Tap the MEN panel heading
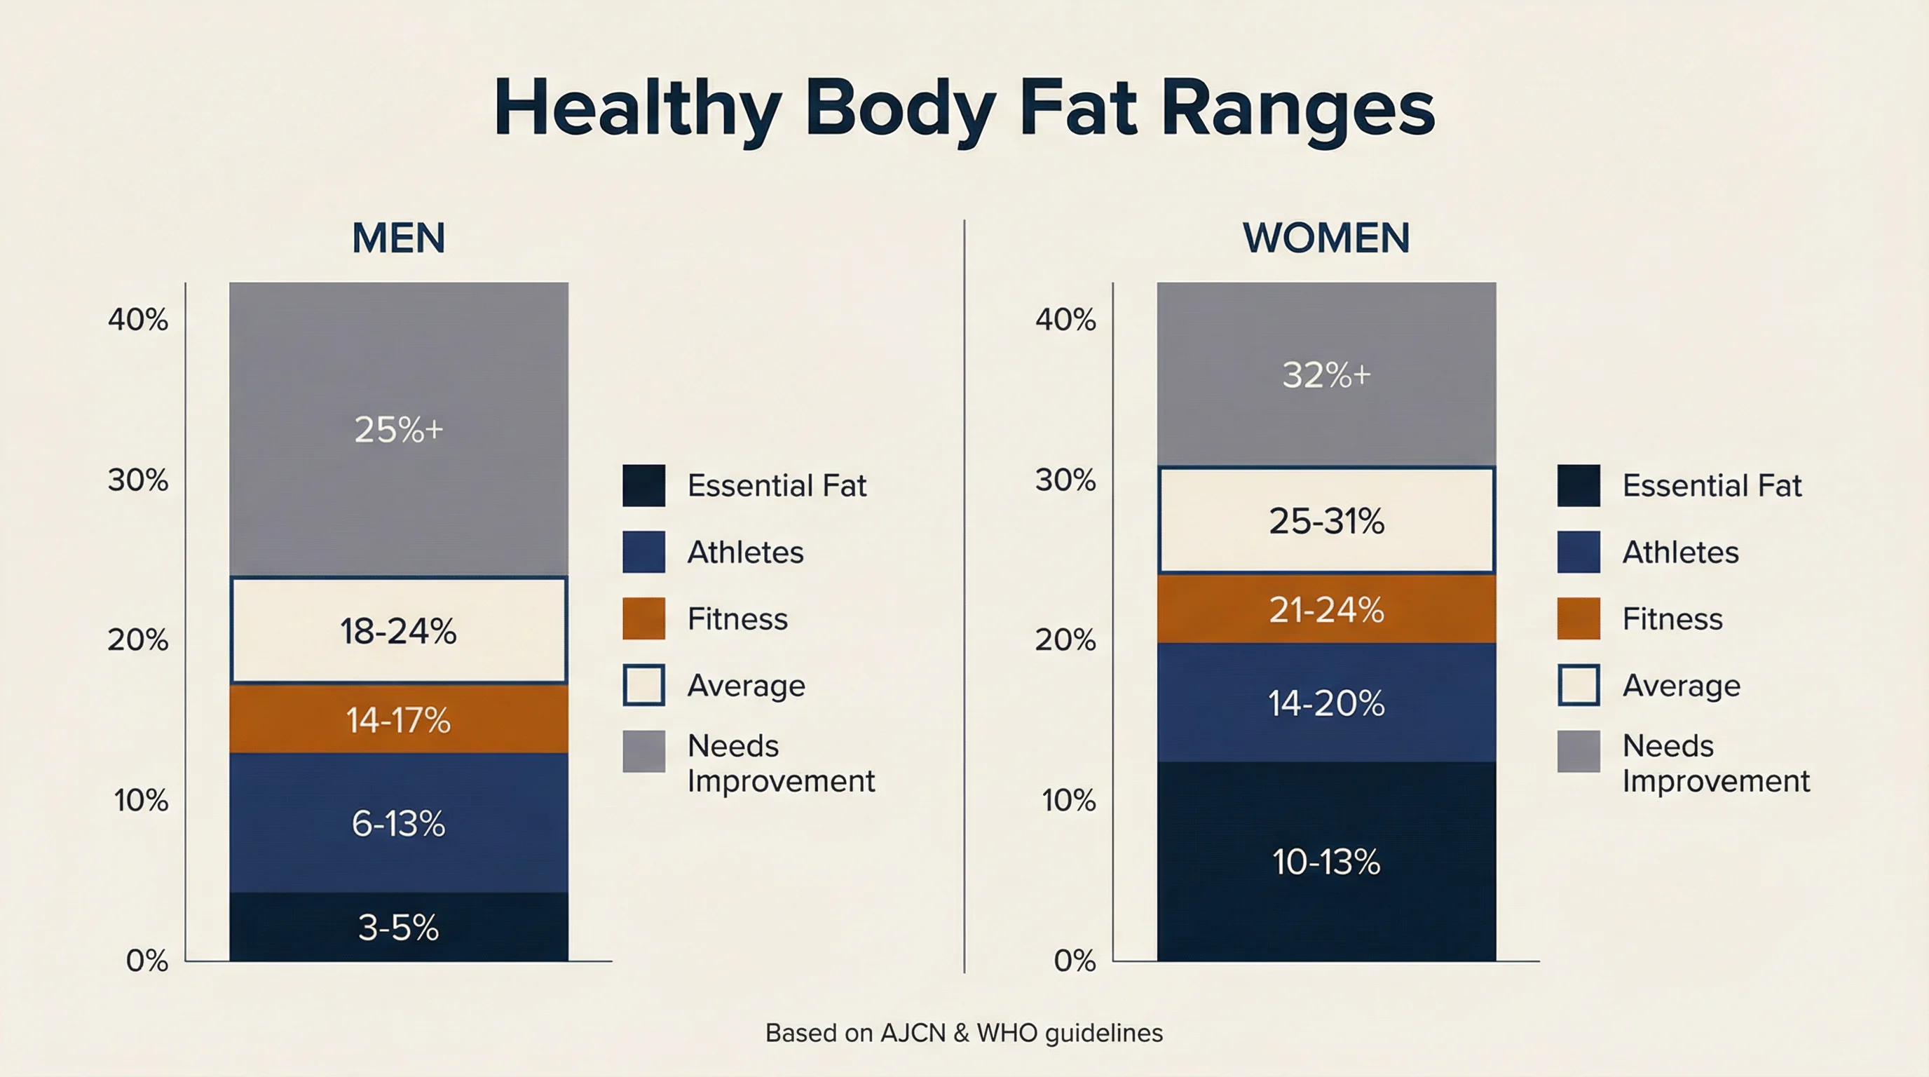click(398, 238)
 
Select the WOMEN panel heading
click(1326, 238)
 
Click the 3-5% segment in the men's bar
click(398, 927)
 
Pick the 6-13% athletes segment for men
click(398, 823)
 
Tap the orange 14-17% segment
click(398, 719)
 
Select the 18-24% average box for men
click(398, 630)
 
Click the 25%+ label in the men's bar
click(398, 429)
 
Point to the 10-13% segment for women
click(1326, 861)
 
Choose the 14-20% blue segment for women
click(1326, 703)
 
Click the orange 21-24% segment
click(1326, 609)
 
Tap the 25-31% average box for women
click(1326, 520)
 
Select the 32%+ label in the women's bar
click(1326, 374)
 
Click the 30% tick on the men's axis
click(138, 480)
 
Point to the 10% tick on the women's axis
click(1068, 800)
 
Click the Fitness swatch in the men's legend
click(643, 618)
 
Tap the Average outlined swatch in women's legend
click(1579, 684)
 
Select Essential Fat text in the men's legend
click(777, 485)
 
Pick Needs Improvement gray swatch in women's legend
click(1579, 751)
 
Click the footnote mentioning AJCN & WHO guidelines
click(964, 1033)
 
